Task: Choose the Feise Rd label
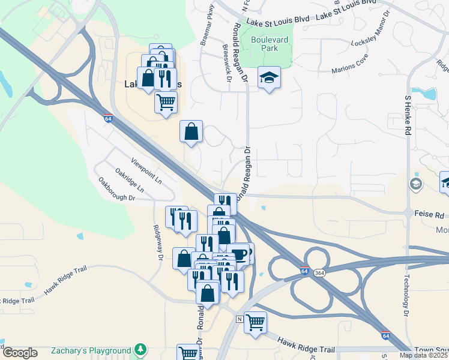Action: pyautogui.click(x=432, y=214)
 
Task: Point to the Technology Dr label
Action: pyautogui.click(x=406, y=295)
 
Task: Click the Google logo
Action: pyautogui.click(x=20, y=353)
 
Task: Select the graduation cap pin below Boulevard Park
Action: pyautogui.click(x=269, y=77)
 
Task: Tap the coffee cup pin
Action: pyautogui.click(x=240, y=254)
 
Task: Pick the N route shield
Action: pyautogui.click(x=240, y=318)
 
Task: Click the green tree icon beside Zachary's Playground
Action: pyautogui.click(x=140, y=349)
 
